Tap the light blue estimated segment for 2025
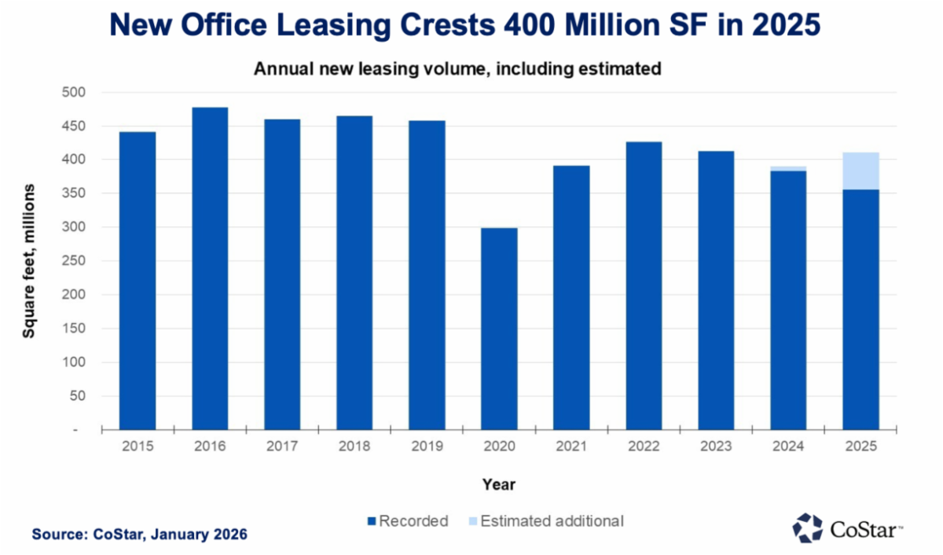pos(860,171)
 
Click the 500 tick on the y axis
pos(79,93)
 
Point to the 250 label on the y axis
pos(79,261)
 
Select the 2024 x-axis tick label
pos(788,447)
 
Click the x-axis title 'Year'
pos(499,484)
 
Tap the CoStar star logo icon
pos(807,528)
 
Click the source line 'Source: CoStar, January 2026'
pos(140,535)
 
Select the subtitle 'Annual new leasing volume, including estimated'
pos(457,69)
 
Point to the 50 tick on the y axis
pos(82,396)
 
